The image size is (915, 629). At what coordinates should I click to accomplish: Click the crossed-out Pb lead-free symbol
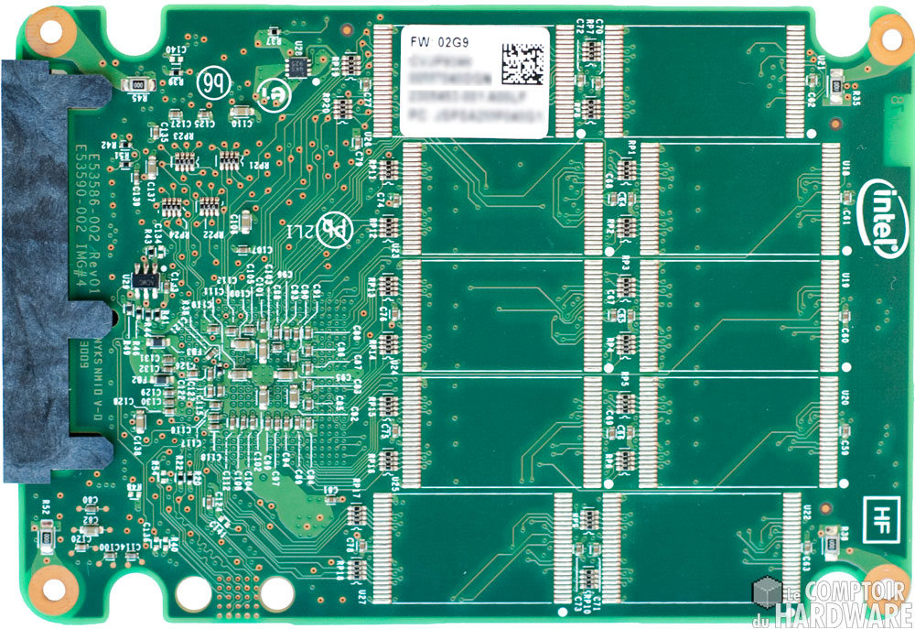(x=333, y=229)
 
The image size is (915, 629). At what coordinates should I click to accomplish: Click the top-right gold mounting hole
(x=886, y=35)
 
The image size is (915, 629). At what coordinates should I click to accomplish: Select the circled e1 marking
(x=272, y=95)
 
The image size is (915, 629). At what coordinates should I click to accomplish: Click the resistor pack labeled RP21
(x=228, y=160)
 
